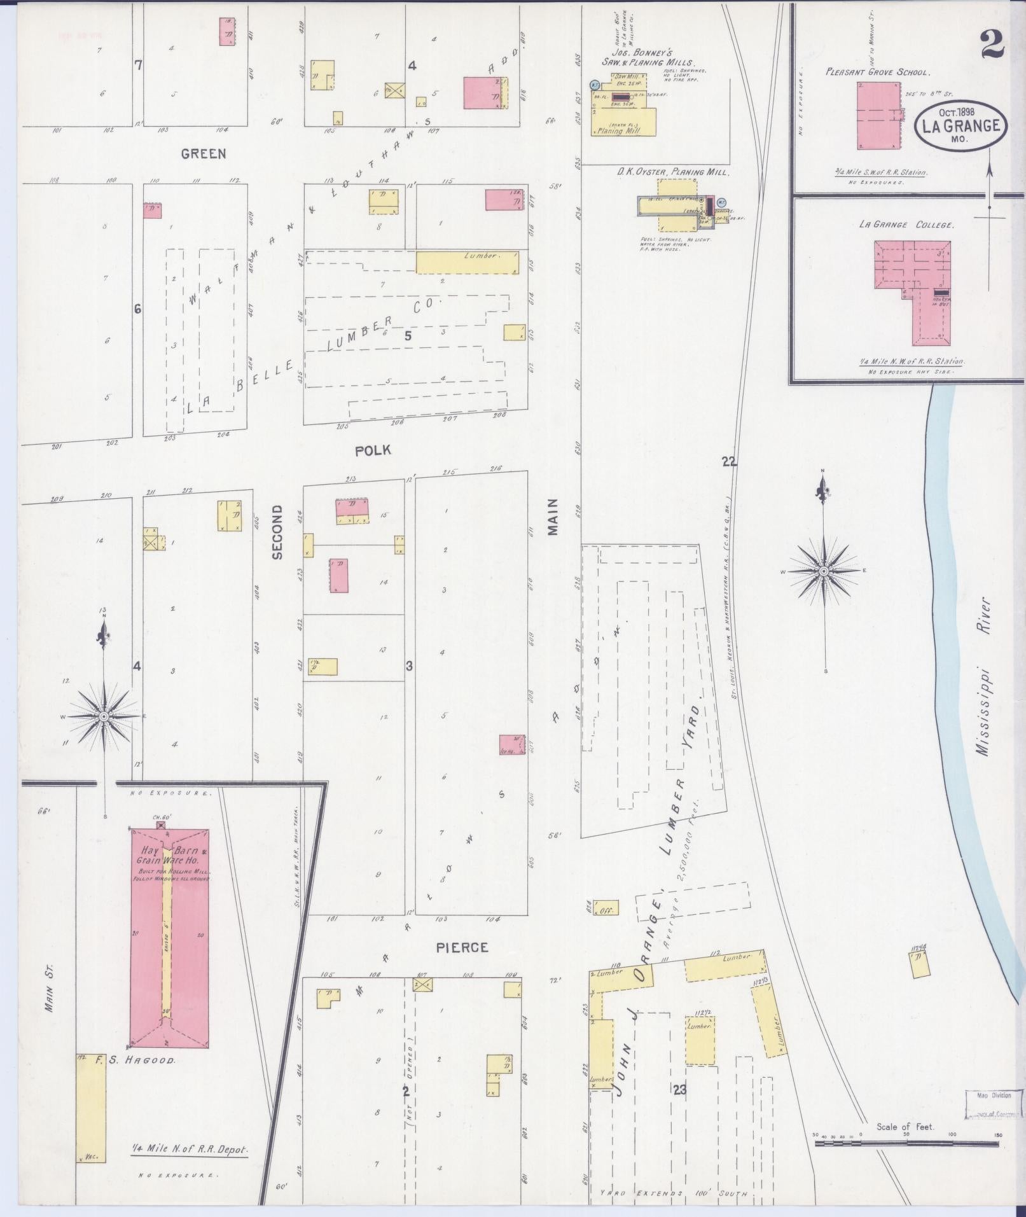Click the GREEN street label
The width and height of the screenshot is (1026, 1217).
(203, 154)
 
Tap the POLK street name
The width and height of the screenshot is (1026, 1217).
(373, 450)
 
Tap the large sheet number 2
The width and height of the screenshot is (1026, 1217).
(992, 45)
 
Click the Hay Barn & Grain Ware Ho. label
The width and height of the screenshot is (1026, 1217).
(169, 856)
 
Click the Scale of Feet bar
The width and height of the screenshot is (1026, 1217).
(906, 1143)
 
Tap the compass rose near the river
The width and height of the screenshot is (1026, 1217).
(824, 571)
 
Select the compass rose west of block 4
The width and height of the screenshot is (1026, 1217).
(103, 717)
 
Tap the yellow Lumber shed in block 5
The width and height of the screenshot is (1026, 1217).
(467, 262)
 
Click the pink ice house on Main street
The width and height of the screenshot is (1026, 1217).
(512, 744)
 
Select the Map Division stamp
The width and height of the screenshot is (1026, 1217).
(991, 1104)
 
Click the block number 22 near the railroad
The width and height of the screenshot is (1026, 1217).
(729, 462)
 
